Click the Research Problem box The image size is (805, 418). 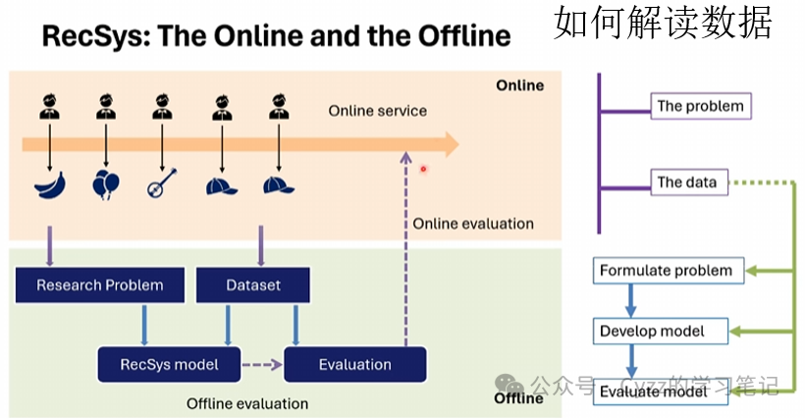[99, 286]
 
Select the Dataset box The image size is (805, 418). [253, 286]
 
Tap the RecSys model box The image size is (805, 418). [169, 365]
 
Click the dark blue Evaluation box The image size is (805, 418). [354, 365]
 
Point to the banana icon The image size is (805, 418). [49, 185]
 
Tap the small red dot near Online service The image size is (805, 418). [423, 169]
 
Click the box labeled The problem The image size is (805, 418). [701, 106]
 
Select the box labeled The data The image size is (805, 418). [687, 182]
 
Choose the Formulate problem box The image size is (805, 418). [667, 271]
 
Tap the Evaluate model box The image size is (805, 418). [654, 392]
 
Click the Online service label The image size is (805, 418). [377, 111]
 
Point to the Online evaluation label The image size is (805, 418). [473, 224]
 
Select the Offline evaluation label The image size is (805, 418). [247, 403]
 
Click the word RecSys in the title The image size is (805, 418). [94, 37]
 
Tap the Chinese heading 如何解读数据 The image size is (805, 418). [663, 22]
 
